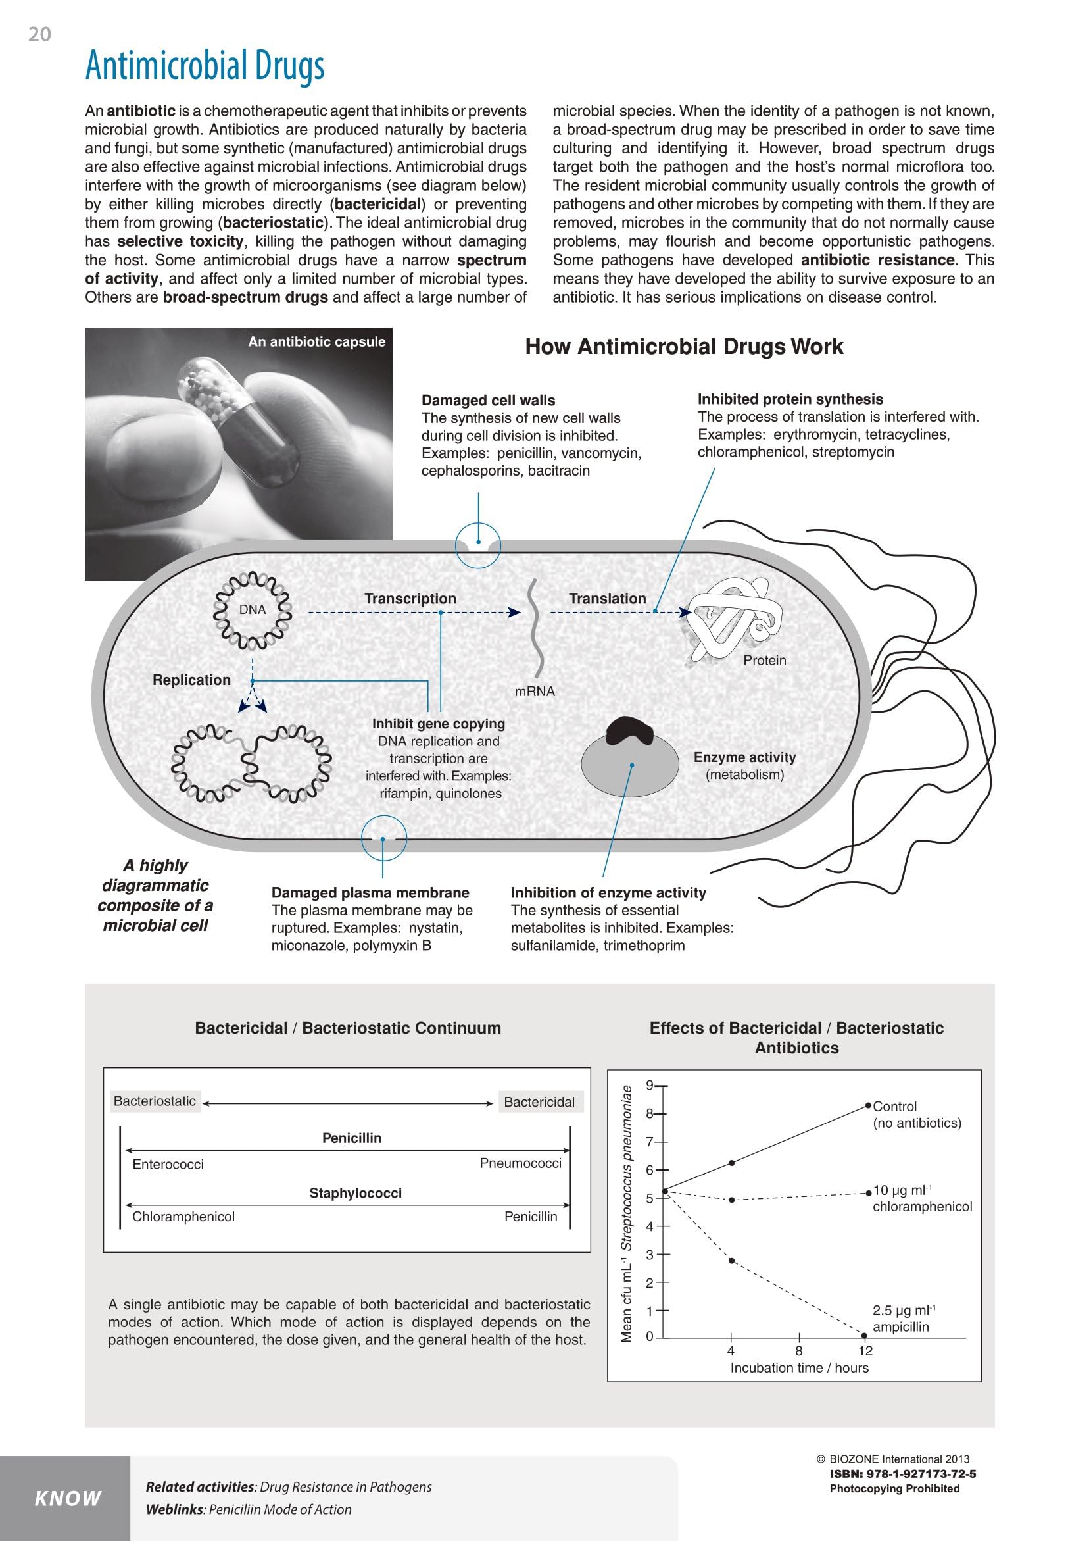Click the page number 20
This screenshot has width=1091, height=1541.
pos(39,34)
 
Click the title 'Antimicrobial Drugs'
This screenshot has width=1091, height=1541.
pos(205,66)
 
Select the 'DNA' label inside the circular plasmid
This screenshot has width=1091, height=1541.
pos(253,609)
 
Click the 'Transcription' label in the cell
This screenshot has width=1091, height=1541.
pos(410,598)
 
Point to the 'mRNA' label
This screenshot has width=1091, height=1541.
pos(535,691)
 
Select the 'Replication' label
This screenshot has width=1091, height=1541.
pos(191,680)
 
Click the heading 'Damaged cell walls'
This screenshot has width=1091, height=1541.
pos(489,401)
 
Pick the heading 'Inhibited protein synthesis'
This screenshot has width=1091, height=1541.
pos(790,399)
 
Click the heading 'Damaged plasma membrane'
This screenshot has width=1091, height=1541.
pos(370,892)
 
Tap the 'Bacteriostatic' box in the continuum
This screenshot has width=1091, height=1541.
pos(155,1101)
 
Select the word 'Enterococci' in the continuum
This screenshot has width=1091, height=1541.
pos(168,1165)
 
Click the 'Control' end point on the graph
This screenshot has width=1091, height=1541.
pos(868,1105)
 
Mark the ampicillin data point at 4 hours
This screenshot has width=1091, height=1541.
pos(731,1261)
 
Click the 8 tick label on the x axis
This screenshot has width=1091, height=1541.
pos(799,1351)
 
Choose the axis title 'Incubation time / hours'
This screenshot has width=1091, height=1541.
pos(800,1367)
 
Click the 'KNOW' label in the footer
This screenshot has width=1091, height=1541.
pos(68,1498)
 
